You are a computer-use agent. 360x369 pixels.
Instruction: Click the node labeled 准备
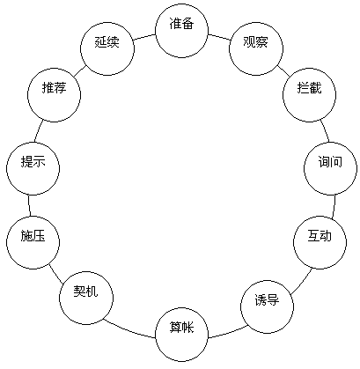[182, 31]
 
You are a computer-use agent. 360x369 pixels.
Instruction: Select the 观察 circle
[256, 48]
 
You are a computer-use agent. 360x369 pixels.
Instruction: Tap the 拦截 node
[310, 95]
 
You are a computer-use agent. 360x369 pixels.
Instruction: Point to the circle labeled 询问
[331, 168]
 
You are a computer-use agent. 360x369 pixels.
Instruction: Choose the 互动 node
[320, 242]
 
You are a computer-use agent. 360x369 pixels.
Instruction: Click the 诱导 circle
[267, 306]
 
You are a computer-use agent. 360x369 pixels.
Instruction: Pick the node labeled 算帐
[182, 335]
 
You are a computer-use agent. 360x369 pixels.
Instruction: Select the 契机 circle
[86, 298]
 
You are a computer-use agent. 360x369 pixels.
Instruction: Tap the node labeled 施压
[33, 242]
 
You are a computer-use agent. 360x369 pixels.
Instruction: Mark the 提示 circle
[33, 168]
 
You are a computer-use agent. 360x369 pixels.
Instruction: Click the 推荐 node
[54, 95]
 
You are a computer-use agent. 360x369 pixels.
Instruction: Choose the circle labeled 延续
[107, 48]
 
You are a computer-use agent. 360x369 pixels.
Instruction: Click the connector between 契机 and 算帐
[129, 330]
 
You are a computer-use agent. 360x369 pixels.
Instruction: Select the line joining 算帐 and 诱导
[228, 333]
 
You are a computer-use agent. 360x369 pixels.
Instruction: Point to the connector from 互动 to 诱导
[302, 281]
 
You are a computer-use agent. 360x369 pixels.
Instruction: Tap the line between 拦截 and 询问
[325, 130]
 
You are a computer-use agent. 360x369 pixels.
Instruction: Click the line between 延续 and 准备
[144, 37]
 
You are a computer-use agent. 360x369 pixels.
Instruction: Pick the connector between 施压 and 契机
[56, 274]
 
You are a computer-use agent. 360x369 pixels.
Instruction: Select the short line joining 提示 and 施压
[29, 205]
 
